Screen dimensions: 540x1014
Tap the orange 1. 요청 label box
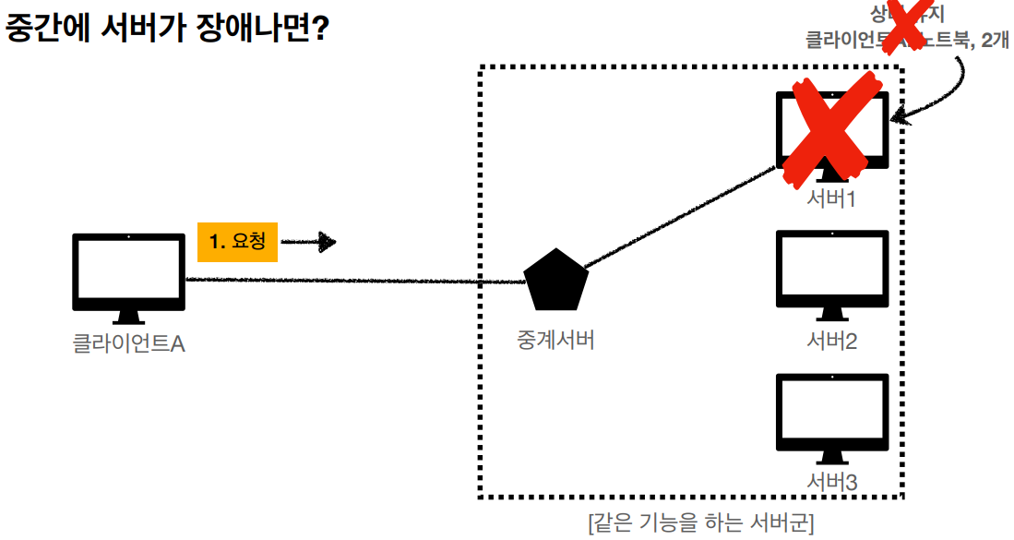click(x=237, y=242)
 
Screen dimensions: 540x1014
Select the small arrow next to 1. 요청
click(x=308, y=242)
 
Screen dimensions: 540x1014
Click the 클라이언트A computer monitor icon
click(x=128, y=272)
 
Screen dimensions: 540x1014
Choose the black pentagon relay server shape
click(x=555, y=281)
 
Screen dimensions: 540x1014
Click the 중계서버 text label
click(x=555, y=340)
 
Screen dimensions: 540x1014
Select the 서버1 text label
click(x=832, y=198)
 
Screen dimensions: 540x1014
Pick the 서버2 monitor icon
click(x=832, y=269)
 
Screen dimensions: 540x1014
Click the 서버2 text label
click(x=832, y=342)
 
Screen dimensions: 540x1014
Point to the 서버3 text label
click(x=832, y=482)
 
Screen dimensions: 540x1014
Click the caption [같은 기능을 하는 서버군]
click(x=700, y=523)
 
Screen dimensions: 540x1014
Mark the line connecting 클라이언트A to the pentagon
click(x=351, y=281)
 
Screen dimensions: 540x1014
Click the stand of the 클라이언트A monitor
click(x=128, y=317)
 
